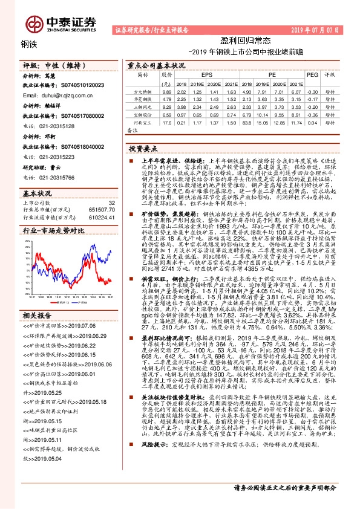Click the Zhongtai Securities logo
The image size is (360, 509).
pyautogui.click(x=68, y=22)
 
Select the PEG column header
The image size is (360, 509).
pyautogui.click(x=313, y=75)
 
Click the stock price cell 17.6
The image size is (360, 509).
pyautogui.click(x=168, y=122)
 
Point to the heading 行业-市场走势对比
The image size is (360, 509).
pyautogui.click(x=45, y=231)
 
